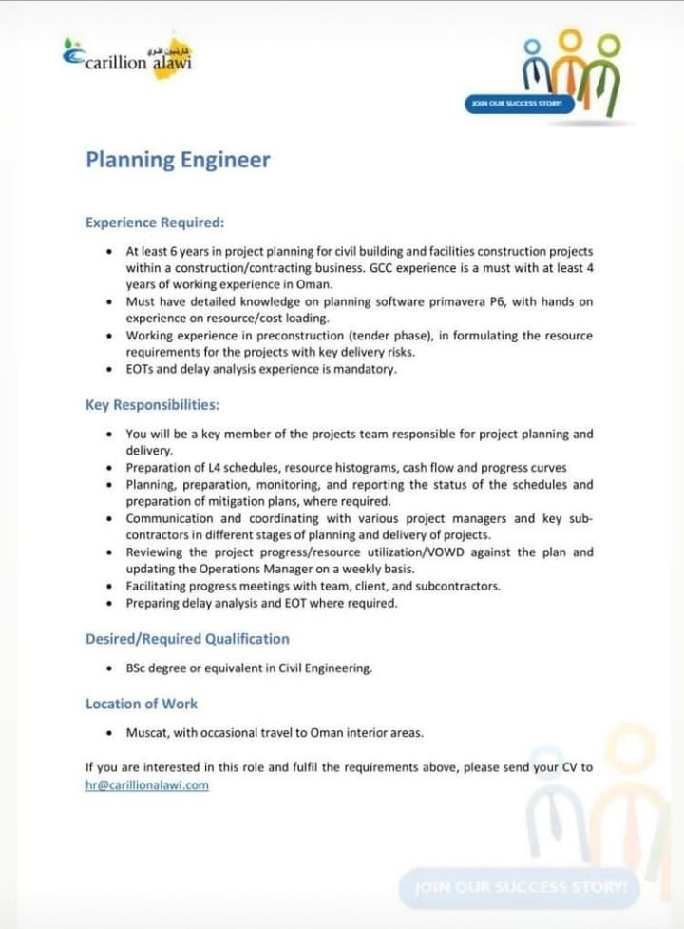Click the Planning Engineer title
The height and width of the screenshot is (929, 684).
click(x=178, y=160)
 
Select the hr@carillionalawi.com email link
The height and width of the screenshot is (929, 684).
click(x=146, y=785)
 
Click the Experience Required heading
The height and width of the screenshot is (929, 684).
click(x=155, y=223)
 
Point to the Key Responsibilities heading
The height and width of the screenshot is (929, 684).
click(x=152, y=405)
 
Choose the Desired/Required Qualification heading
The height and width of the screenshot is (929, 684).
click(x=187, y=639)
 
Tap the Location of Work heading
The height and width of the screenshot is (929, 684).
click(x=142, y=704)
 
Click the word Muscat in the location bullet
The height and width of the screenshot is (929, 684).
click(x=144, y=733)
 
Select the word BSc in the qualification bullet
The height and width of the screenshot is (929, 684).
click(x=138, y=668)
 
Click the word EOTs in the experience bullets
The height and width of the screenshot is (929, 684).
click(x=142, y=369)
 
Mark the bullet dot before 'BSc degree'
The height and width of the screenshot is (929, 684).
click(x=111, y=668)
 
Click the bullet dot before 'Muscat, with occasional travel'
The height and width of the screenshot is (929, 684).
click(x=111, y=733)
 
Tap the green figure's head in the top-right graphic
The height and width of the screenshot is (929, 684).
click(x=609, y=45)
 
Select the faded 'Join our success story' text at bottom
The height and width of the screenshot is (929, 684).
click(x=520, y=886)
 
